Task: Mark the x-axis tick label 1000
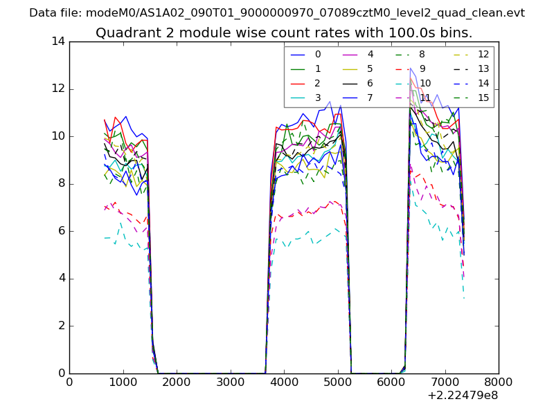tap(123, 382)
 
